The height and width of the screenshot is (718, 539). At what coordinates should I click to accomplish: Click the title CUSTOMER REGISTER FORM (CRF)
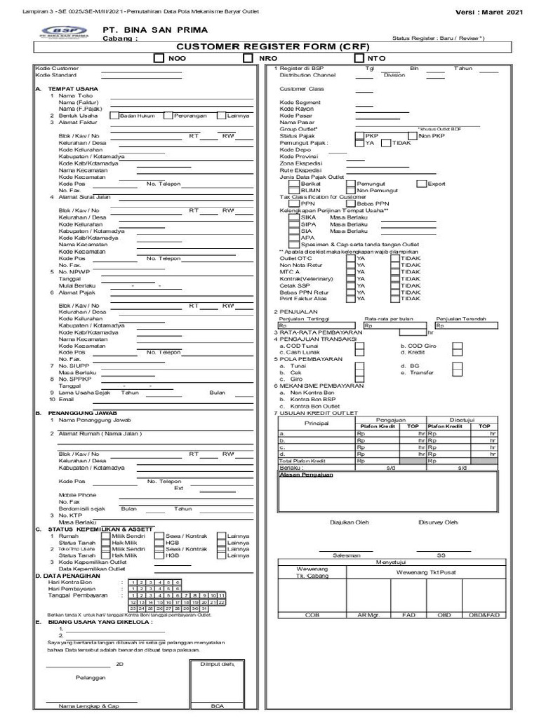(269, 46)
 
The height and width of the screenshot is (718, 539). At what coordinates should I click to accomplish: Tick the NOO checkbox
(159, 59)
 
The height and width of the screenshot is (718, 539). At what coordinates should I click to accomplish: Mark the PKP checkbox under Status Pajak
(360, 135)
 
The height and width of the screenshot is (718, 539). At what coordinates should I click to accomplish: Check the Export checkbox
(421, 184)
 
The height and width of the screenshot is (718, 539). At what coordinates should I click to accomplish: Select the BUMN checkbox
(293, 190)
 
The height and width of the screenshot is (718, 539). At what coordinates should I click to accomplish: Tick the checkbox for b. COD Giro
(457, 346)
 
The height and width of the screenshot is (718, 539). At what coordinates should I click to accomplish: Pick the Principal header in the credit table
(316, 424)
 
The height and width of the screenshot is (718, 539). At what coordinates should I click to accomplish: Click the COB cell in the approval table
(312, 614)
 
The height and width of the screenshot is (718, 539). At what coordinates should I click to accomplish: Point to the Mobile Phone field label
(78, 495)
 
